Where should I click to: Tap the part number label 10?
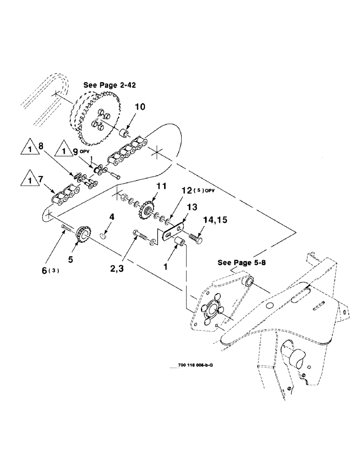click(x=140, y=107)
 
